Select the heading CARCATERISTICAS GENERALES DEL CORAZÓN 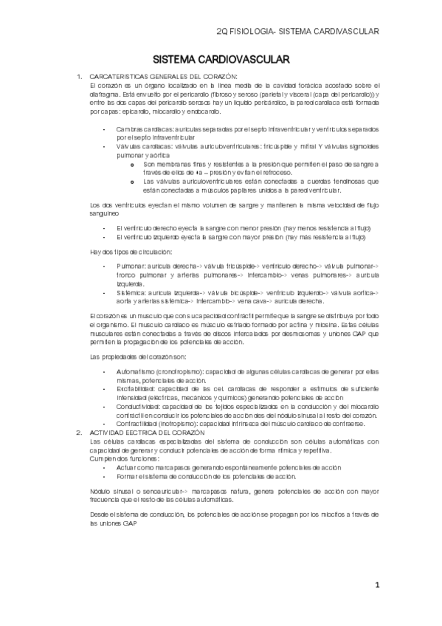click(163, 77)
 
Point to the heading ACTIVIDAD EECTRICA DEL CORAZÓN click(151, 433)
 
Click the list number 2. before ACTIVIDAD click(80, 433)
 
